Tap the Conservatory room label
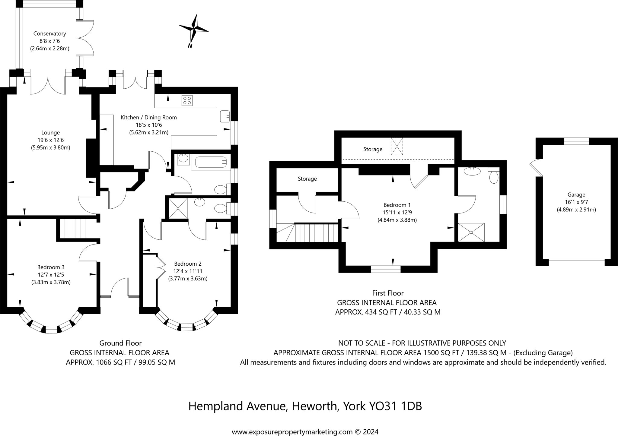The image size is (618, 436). click(49, 33)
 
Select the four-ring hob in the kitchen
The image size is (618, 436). click(187, 100)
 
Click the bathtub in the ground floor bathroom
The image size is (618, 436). click(211, 162)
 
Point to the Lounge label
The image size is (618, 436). click(50, 133)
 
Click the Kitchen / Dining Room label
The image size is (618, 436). click(149, 118)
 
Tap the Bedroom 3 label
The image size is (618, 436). click(51, 267)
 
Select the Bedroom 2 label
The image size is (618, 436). click(188, 264)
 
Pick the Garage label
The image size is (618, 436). click(576, 195)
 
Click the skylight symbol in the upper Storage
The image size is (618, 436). click(397, 146)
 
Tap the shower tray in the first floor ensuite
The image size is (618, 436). click(471, 232)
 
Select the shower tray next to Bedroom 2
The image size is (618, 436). click(178, 208)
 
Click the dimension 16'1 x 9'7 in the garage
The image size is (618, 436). click(576, 202)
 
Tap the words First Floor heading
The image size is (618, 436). click(388, 293)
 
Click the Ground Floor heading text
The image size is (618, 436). click(120, 343)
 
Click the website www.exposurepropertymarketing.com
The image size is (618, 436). click(292, 432)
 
